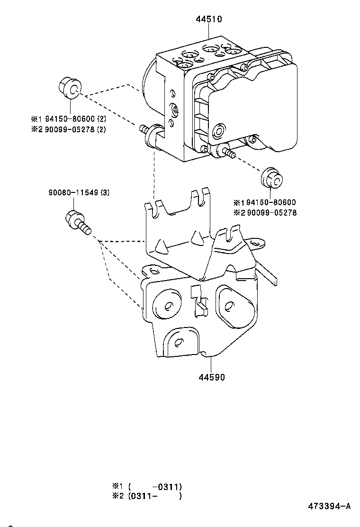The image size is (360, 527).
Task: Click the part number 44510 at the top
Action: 209,19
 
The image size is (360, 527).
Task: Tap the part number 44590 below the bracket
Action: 212,377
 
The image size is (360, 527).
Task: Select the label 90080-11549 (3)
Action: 79,192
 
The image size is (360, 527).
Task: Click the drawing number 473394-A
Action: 329,506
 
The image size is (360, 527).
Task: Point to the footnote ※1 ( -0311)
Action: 147,486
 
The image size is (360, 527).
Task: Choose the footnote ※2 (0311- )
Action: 147,496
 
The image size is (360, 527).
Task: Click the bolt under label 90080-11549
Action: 78,222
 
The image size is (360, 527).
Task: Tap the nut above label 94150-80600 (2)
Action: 70,88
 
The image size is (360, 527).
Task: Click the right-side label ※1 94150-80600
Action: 265,202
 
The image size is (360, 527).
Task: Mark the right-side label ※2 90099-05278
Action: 265,213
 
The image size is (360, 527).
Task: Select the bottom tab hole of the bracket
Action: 180,342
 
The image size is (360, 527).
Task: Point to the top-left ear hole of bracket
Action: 154,271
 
